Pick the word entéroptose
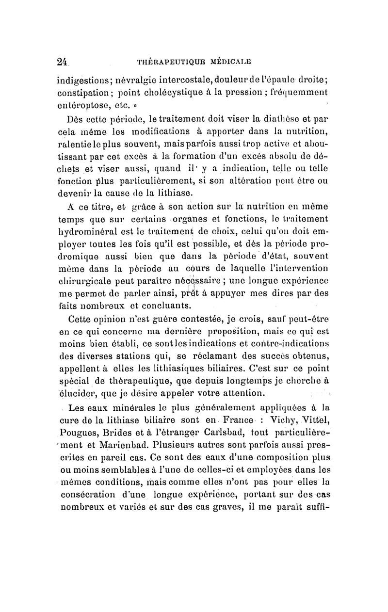pos(83,104)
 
